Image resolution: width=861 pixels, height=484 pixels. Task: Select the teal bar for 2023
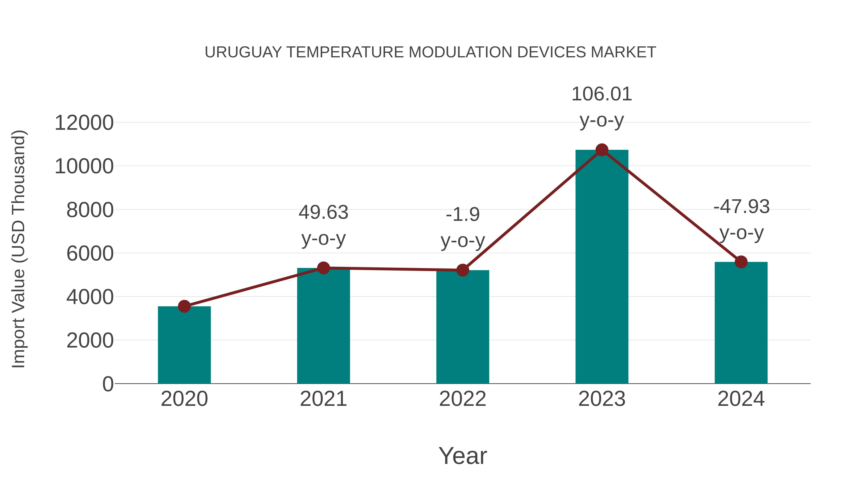point(602,267)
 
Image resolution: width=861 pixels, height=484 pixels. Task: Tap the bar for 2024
point(741,324)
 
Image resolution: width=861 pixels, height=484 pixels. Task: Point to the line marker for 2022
point(463,270)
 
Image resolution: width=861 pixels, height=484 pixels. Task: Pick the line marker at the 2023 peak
point(602,150)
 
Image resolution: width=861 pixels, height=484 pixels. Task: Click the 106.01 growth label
point(602,94)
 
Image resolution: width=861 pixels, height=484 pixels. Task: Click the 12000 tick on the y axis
point(84,123)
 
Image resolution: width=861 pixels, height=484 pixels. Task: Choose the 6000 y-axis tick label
point(90,254)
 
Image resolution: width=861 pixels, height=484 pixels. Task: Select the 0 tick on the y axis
point(108,384)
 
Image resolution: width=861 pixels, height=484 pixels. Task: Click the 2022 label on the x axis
point(463,399)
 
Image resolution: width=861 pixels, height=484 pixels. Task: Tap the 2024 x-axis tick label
point(741,399)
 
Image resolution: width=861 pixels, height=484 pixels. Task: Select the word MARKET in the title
point(623,52)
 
